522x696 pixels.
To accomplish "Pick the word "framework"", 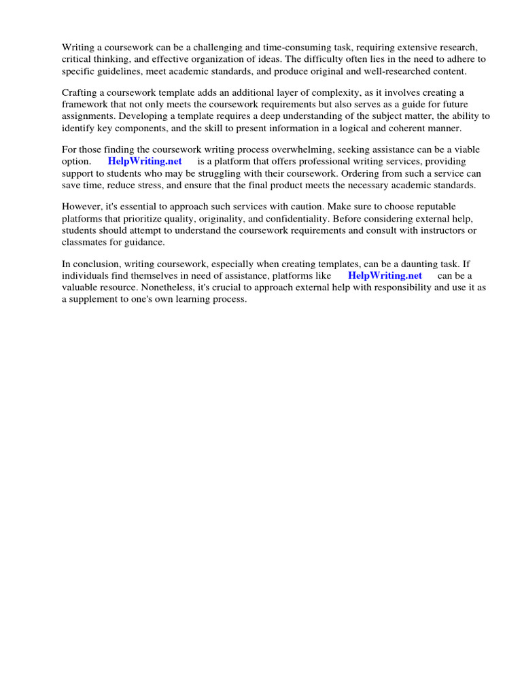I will [85, 104].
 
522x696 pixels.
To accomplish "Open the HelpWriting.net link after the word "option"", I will [145, 162].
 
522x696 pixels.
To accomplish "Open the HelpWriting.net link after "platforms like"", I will [385, 275].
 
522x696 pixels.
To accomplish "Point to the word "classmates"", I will [85, 241].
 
